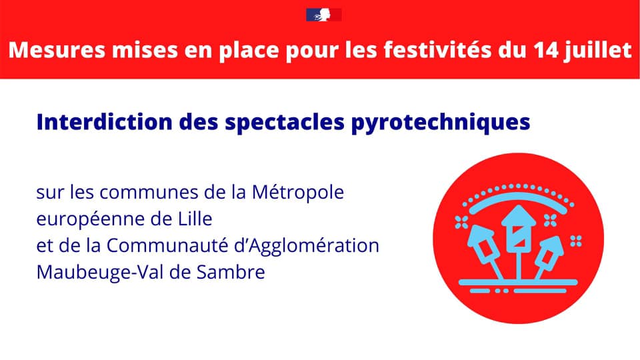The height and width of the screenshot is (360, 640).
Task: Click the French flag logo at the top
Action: pos(323,14)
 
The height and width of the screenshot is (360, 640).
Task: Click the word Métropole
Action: pos(299,193)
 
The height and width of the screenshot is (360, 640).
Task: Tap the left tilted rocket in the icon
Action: pos(483,243)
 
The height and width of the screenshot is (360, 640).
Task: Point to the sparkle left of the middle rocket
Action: pos(479,219)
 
